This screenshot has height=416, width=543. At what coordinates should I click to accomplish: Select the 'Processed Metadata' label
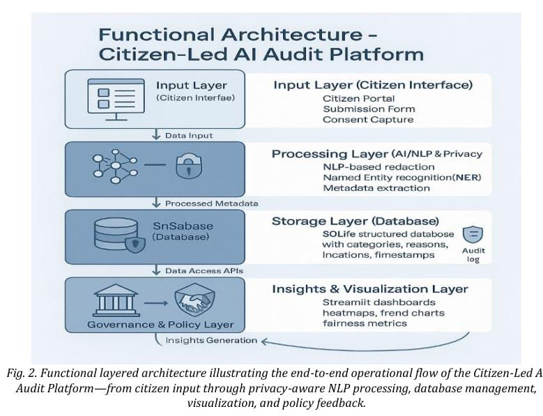click(211, 203)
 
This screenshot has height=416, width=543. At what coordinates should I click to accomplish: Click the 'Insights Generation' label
click(210, 340)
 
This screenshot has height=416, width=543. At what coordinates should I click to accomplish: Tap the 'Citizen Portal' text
click(357, 98)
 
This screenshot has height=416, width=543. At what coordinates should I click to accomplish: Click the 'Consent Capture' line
click(367, 119)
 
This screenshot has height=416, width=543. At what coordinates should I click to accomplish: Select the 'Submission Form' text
click(369, 109)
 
